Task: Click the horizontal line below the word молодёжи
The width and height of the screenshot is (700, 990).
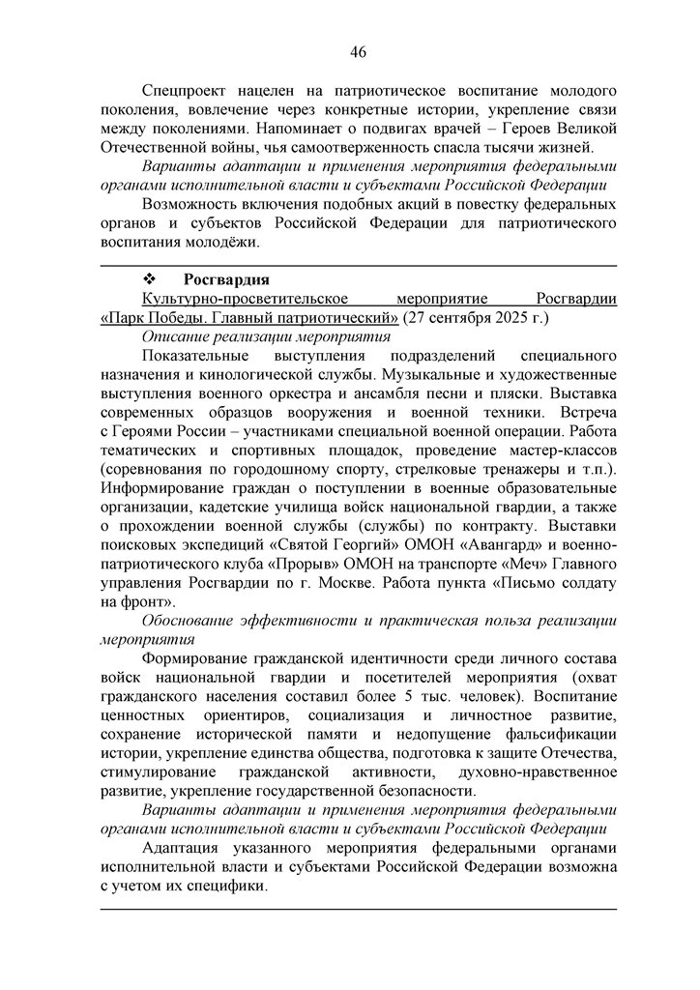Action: tap(358, 265)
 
